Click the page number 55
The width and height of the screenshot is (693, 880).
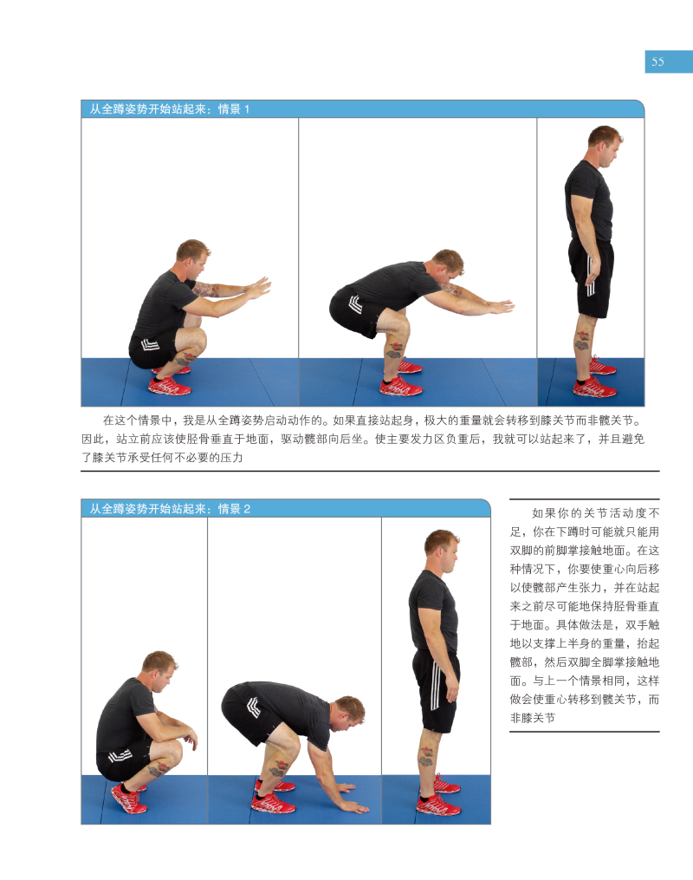(657, 62)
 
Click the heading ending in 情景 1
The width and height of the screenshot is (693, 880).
(169, 109)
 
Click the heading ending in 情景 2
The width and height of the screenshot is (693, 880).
(169, 508)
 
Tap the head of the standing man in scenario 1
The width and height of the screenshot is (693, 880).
(604, 146)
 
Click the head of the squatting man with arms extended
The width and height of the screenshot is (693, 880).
(192, 258)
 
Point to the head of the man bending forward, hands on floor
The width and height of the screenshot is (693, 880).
(349, 713)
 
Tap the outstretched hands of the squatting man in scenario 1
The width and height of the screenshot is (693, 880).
(259, 287)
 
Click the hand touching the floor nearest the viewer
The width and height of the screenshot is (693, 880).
(354, 806)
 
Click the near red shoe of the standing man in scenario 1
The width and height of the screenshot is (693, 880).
(594, 388)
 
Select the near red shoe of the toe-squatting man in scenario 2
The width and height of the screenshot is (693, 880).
(128, 799)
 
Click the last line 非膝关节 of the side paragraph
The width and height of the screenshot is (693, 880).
(532, 718)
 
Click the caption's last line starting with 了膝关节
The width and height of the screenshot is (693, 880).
(162, 458)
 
